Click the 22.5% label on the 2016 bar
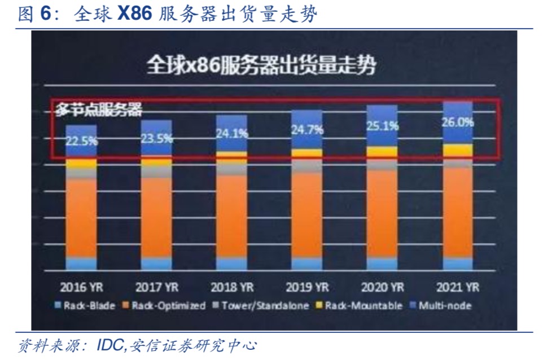pos(81,141)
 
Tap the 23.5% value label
pos(156,138)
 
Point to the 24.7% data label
pos(307,130)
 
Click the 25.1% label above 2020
pos(382,126)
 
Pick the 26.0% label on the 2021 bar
pos(457,121)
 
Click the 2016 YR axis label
pos(81,287)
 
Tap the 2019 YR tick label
pos(307,287)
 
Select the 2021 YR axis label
pos(457,287)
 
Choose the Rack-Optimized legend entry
pos(164,306)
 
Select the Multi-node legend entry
pos(441,306)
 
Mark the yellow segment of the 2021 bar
pos(457,150)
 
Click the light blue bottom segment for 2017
pos(156,264)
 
